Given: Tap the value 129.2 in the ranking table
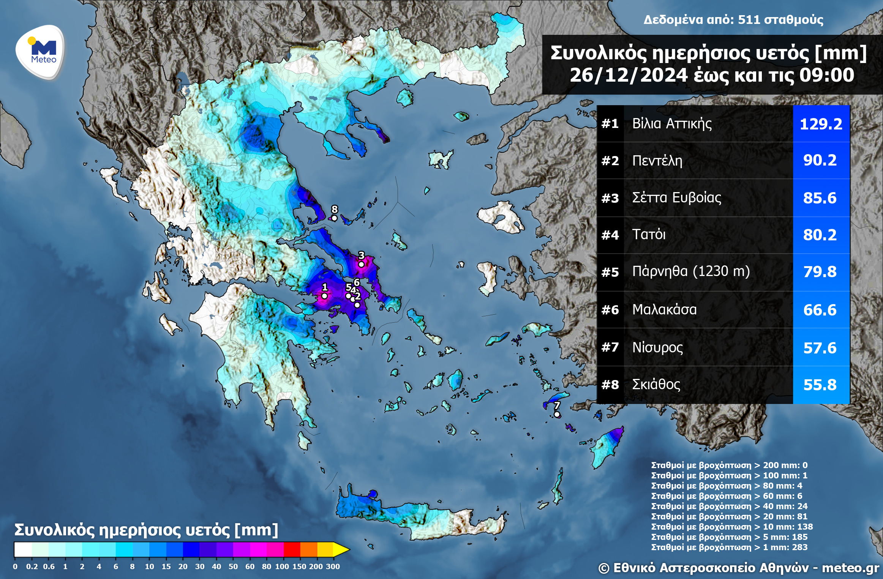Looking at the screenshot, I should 821,124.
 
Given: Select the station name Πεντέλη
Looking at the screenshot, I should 657,161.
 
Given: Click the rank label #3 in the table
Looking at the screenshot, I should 610,198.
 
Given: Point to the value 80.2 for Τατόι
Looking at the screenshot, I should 820,235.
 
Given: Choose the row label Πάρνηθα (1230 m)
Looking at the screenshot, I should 691,271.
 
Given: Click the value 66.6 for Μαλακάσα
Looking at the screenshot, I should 820,310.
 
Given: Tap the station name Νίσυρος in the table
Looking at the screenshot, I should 657,347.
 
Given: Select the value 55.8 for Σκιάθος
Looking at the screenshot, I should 820,385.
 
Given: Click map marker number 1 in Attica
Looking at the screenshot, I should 324,296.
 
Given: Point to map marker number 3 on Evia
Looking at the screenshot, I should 362,264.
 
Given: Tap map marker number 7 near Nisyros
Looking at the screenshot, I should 557,414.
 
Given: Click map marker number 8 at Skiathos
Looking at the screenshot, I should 334,218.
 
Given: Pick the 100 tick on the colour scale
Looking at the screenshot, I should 282,566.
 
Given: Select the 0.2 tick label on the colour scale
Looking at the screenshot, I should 32,566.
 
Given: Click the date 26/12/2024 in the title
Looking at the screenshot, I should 628,75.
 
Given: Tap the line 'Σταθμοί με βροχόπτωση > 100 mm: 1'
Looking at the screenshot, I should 729,475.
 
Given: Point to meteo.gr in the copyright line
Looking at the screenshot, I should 850,568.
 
